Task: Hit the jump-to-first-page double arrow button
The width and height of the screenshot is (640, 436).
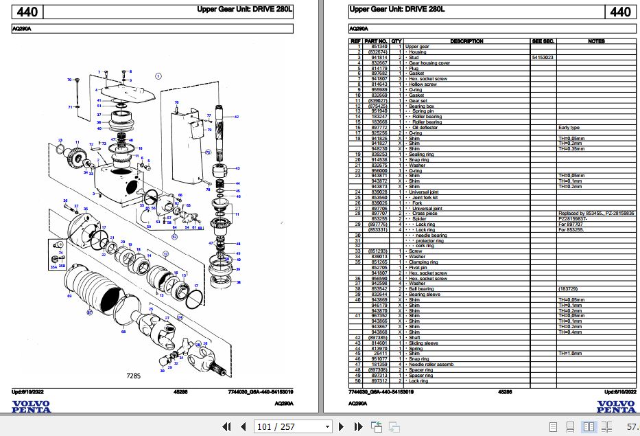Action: click(x=226, y=426)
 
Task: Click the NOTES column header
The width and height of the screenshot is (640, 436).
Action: click(x=595, y=41)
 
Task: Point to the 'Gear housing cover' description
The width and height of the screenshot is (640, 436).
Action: click(x=430, y=62)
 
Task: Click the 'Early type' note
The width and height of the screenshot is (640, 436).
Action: click(x=569, y=128)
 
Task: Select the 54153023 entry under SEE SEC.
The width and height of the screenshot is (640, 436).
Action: click(x=543, y=58)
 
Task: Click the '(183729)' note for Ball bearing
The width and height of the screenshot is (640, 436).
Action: click(x=569, y=289)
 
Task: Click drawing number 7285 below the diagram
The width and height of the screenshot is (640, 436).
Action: click(x=134, y=377)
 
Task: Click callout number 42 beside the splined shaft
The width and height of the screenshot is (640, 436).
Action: click(x=237, y=117)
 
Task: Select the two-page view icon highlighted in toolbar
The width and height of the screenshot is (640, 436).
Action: click(x=589, y=426)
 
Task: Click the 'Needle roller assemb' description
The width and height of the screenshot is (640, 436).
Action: click(x=432, y=364)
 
